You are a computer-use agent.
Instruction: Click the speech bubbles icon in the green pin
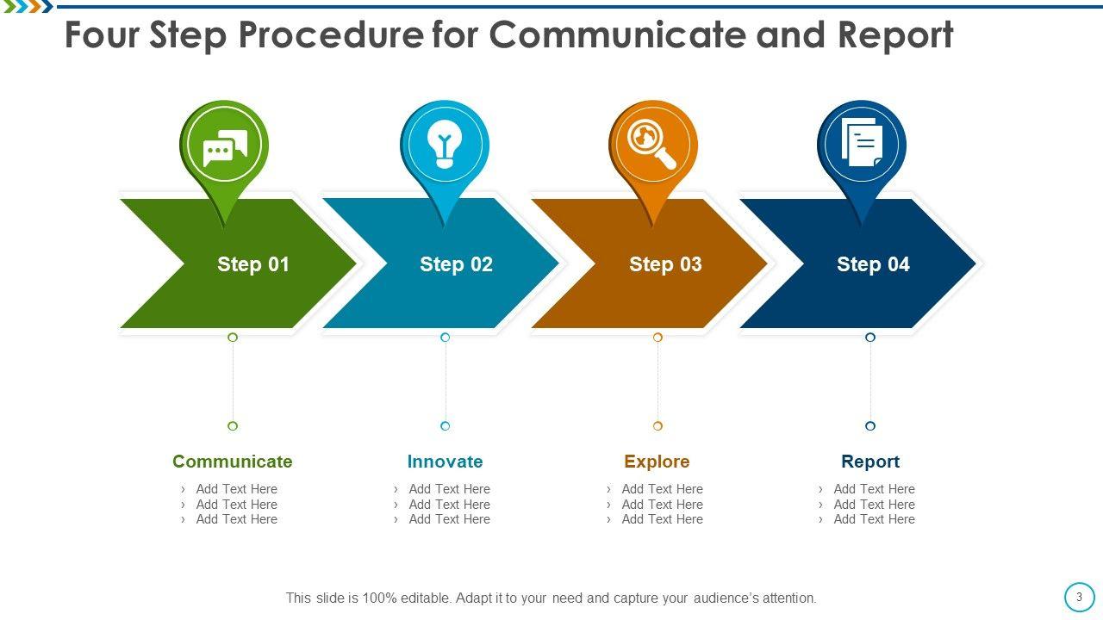225,147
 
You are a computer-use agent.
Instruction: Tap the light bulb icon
445,144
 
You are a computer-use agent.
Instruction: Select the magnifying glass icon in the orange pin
651,144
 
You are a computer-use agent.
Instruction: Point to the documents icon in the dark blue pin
862,142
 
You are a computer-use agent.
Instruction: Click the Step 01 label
253,264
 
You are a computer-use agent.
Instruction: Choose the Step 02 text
456,264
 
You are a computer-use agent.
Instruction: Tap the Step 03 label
665,264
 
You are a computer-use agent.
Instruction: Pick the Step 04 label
873,264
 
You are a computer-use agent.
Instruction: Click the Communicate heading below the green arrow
233,462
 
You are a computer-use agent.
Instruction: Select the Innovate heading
446,462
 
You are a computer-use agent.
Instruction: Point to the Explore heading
657,462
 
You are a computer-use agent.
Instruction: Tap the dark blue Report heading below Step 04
870,462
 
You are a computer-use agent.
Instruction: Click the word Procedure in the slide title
330,35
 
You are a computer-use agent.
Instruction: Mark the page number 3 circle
1080,597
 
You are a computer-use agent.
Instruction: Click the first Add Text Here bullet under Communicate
237,489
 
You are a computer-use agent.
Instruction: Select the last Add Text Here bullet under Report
874,519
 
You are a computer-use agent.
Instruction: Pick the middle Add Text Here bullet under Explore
663,505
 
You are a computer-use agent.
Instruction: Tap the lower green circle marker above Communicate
233,425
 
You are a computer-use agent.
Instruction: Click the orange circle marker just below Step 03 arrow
657,337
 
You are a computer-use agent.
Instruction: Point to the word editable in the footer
426,598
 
